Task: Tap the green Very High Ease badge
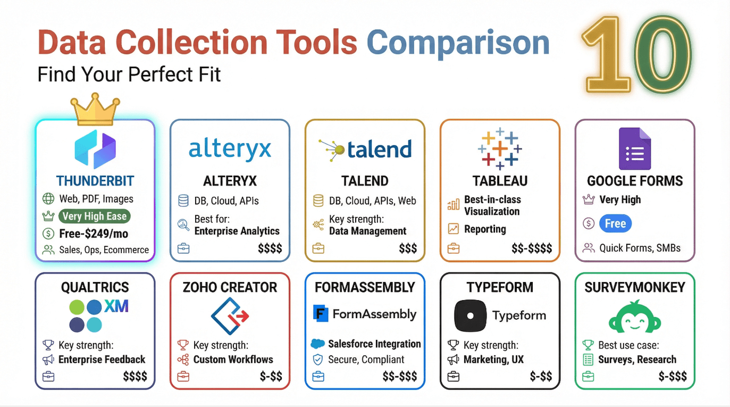pos(94,216)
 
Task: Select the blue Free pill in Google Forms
pos(615,223)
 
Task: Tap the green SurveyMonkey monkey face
pos(634,317)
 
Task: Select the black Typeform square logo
pos(471,315)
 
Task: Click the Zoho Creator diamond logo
pos(230,315)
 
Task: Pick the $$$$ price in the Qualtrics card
pos(135,377)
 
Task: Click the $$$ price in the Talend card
pos(408,248)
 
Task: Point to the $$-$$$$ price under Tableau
pos(532,248)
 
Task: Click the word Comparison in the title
pos(458,43)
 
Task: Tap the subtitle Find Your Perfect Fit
pos(129,74)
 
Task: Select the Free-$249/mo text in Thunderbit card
pos(93,234)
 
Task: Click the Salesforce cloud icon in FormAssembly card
pos(317,344)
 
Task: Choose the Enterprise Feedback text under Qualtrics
pos(102,360)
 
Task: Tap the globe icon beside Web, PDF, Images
pos(48,199)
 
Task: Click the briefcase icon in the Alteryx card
pos(183,248)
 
